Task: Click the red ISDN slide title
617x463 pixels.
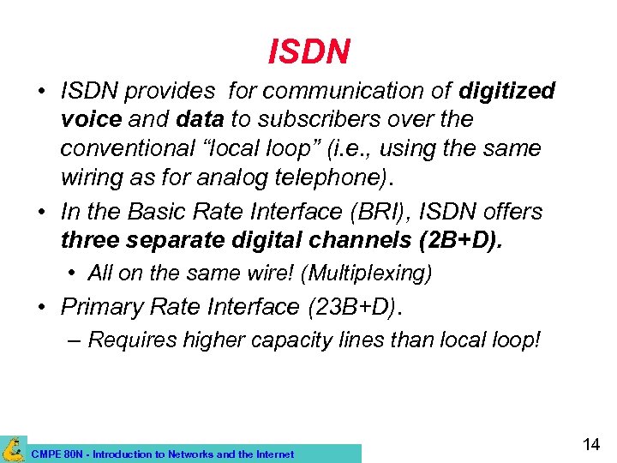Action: [x=308, y=51]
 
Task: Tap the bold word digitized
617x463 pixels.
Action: [x=506, y=91]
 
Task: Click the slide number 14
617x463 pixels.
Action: [x=590, y=444]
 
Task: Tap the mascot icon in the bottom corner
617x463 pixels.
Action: [x=13, y=448]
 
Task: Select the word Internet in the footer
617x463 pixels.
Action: [x=273, y=454]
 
